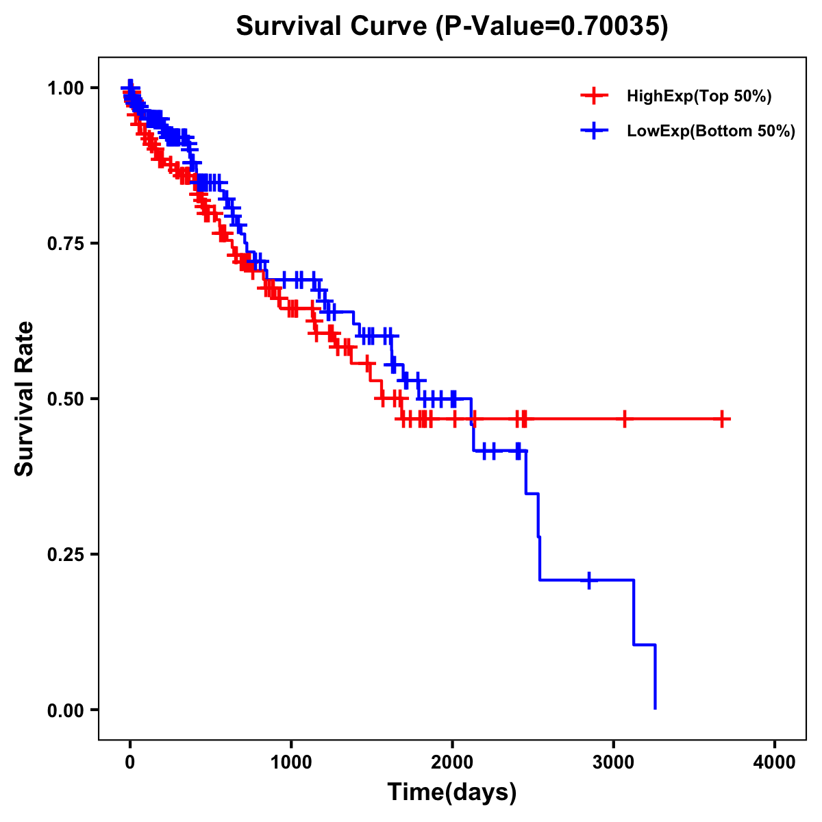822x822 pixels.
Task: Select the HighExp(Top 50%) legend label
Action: pyautogui.click(x=699, y=97)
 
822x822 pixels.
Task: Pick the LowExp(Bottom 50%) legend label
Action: pyautogui.click(x=711, y=132)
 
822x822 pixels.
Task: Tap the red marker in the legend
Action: pyautogui.click(x=594, y=97)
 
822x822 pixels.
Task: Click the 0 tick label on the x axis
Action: pyautogui.click(x=130, y=763)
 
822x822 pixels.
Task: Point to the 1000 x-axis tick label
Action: pyautogui.click(x=291, y=763)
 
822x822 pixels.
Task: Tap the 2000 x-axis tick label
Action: pyautogui.click(x=453, y=763)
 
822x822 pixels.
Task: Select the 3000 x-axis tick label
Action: pyautogui.click(x=614, y=763)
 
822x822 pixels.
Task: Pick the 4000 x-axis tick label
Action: pyautogui.click(x=775, y=763)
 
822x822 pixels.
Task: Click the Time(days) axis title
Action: pyautogui.click(x=452, y=793)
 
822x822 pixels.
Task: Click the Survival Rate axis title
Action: pyautogui.click(x=25, y=399)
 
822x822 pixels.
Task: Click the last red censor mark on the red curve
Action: pyautogui.click(x=722, y=419)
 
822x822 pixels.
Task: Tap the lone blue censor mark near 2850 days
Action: pyautogui.click(x=588, y=580)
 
